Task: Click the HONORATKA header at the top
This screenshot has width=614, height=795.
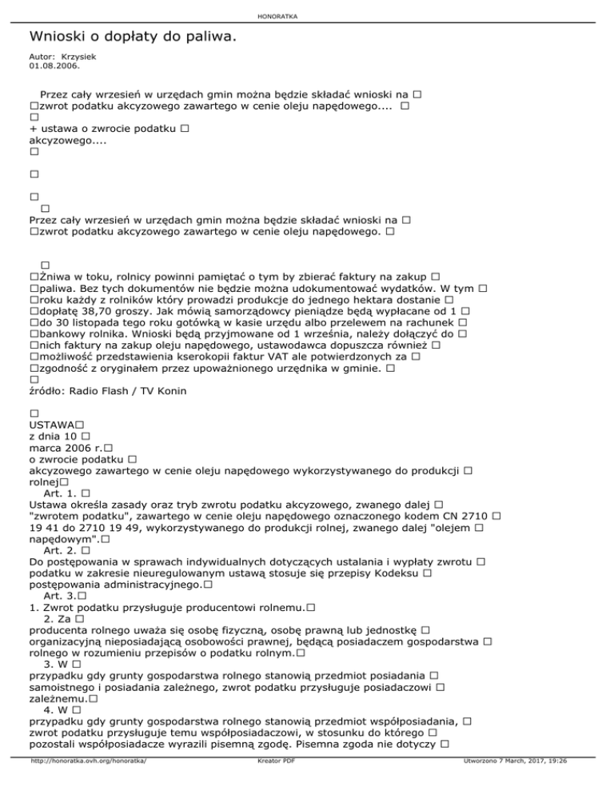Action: [x=306, y=16]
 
